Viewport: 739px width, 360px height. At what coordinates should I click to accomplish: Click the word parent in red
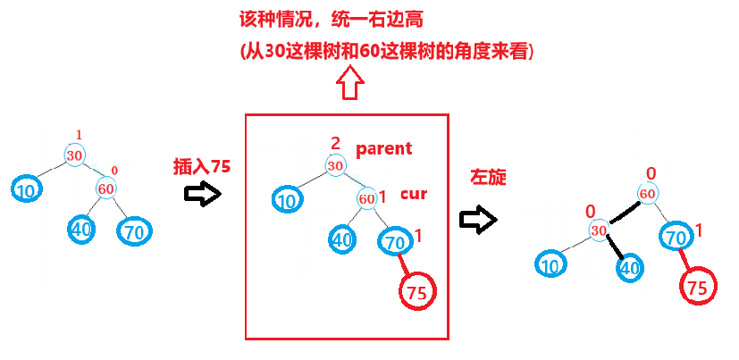[384, 148]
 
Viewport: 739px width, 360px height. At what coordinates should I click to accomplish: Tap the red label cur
[414, 193]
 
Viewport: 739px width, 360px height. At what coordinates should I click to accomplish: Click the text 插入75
[202, 167]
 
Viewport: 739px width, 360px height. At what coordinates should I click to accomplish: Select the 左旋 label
[488, 177]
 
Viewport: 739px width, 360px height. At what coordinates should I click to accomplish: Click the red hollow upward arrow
[349, 87]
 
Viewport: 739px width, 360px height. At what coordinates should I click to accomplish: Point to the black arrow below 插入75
[201, 195]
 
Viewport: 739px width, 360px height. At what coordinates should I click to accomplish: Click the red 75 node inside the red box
[416, 291]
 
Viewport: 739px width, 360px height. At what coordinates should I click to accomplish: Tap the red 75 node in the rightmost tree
[698, 287]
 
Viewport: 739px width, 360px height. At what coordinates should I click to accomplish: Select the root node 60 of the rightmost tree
[649, 193]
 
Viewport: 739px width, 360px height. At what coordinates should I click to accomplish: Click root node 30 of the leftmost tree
[75, 155]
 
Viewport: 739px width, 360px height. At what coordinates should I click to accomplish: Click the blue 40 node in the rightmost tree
[630, 266]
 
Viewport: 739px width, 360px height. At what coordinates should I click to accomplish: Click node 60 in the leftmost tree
[106, 188]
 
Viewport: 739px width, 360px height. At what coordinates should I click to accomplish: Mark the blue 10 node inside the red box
[287, 201]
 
